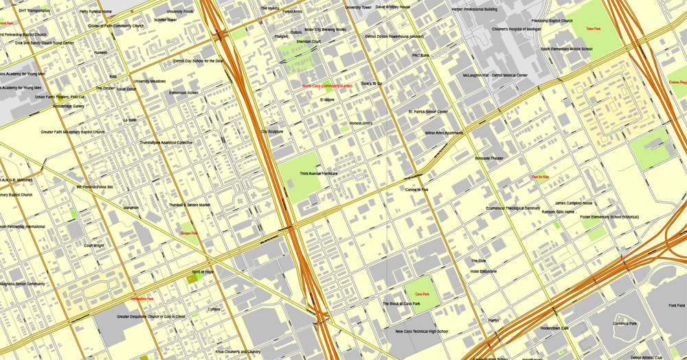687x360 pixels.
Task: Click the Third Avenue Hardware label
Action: click(319, 174)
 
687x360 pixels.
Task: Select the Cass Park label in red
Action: click(422, 294)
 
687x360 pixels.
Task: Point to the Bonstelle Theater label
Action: click(488, 158)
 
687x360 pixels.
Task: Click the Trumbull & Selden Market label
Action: click(189, 205)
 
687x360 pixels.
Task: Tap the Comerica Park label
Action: click(624, 324)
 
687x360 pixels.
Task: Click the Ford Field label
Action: click(676, 305)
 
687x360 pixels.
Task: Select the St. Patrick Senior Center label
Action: click(427, 111)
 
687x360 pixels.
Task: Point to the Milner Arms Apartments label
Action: click(444, 133)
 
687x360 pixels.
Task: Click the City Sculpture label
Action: click(271, 131)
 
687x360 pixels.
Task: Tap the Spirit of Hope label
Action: click(203, 272)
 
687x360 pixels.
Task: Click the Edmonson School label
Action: click(183, 93)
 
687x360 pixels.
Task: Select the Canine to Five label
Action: click(416, 189)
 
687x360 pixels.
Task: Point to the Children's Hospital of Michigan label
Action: click(517, 30)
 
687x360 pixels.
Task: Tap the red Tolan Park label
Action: click(594, 29)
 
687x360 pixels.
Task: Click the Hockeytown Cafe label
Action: click(554, 328)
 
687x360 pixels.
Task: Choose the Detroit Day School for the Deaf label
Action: click(199, 60)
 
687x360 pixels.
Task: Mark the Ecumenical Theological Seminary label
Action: click(513, 207)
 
